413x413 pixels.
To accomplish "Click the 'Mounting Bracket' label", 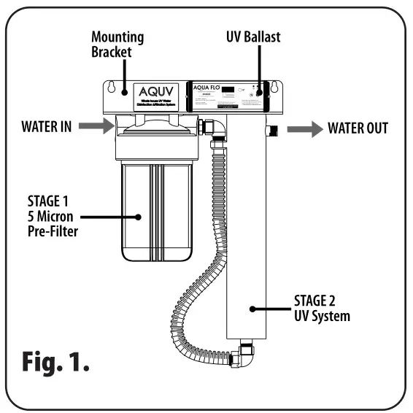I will pos(117,44).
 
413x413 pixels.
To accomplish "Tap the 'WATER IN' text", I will pos(45,128).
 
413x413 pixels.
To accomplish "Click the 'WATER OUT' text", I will pos(358,129).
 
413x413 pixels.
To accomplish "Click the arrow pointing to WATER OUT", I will pos(304,129).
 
